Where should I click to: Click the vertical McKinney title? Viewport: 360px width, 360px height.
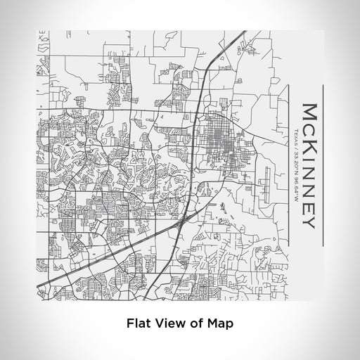click(309, 166)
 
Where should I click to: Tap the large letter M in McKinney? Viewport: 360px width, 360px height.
click(309, 112)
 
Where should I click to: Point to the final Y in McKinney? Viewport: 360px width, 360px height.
click(309, 222)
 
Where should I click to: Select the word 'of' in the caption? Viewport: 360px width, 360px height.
click(195, 324)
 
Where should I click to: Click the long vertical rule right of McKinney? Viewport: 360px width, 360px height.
click(323, 166)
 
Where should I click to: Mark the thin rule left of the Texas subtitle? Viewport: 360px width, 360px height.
click(289, 166)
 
